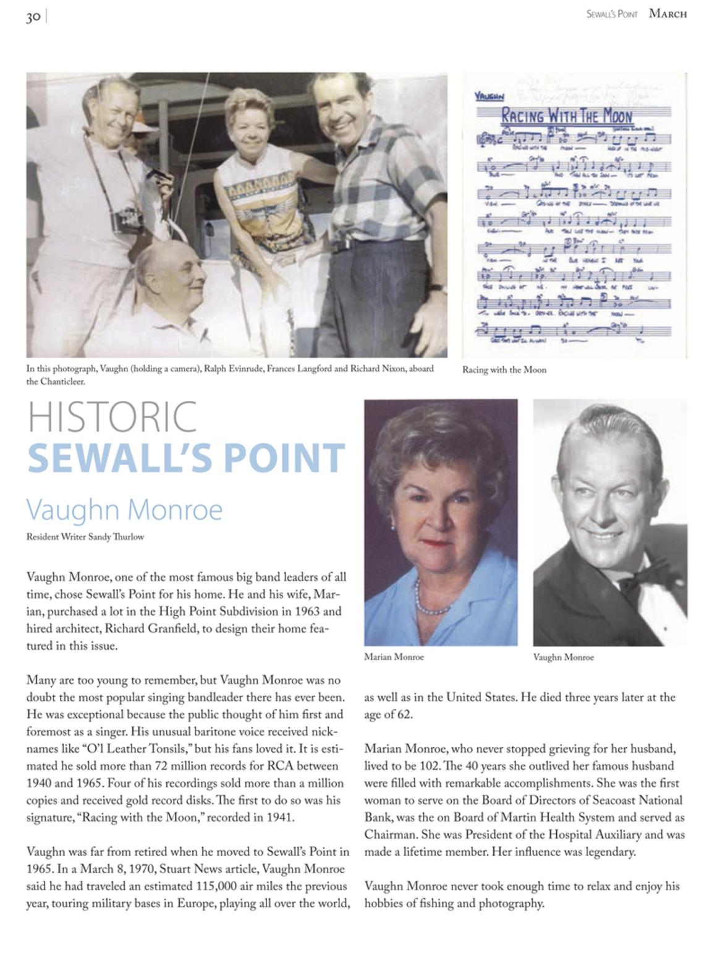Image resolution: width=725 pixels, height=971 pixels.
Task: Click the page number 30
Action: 33,17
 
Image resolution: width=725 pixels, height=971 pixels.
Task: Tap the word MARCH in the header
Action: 668,14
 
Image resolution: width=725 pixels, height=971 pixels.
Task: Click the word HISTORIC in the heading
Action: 112,417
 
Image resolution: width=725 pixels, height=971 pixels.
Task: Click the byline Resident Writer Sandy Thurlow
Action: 85,537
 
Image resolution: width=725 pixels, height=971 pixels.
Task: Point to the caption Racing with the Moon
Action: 504,370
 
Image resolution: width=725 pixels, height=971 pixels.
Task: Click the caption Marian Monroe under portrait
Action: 394,657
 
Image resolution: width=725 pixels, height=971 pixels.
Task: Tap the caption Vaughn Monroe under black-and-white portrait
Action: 563,657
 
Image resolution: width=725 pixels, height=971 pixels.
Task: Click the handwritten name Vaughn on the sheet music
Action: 489,96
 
